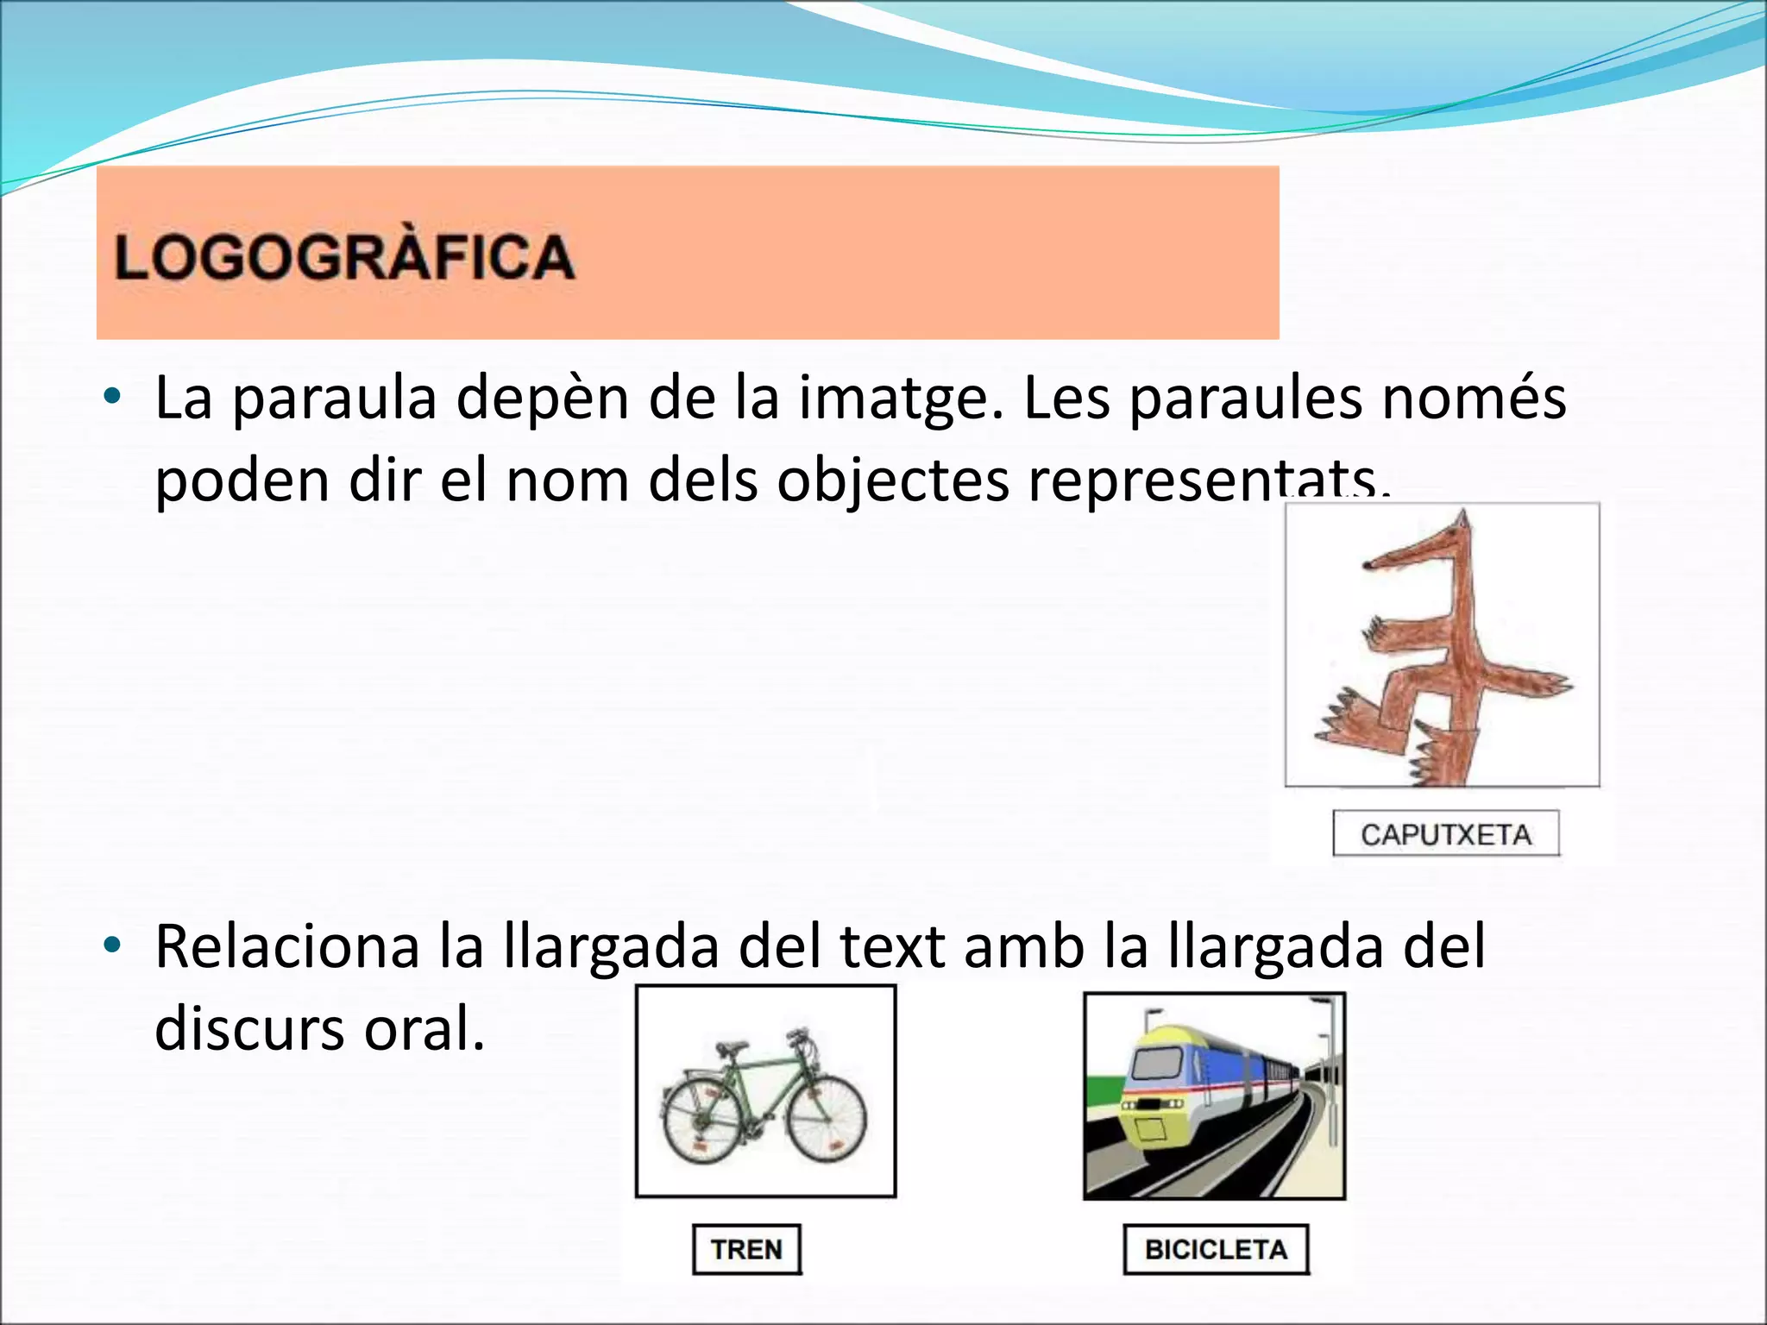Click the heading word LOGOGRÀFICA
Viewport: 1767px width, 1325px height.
click(x=344, y=257)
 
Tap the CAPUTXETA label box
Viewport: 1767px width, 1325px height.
click(x=1446, y=834)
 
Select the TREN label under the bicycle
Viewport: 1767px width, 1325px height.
click(x=746, y=1249)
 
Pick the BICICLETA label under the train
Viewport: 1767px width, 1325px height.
click(x=1216, y=1249)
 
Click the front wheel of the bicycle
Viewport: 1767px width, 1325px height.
click(x=827, y=1118)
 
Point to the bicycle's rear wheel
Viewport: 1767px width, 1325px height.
click(x=702, y=1121)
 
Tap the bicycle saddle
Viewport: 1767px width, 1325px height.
click(x=732, y=1047)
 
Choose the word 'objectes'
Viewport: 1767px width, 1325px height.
click(x=893, y=480)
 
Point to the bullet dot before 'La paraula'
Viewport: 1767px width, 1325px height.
click(x=111, y=398)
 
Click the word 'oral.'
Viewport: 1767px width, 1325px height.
click(x=424, y=1028)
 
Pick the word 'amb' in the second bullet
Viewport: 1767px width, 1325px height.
click(x=1024, y=946)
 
